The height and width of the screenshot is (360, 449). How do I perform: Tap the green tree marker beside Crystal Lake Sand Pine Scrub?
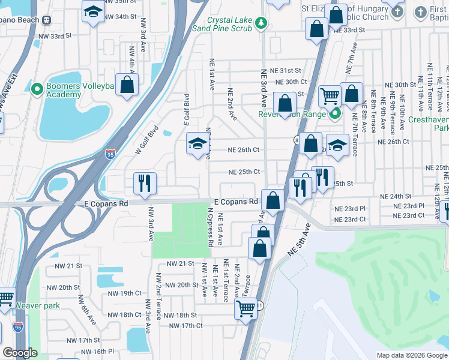coord(261,23)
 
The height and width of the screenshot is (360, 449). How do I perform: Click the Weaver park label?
coord(38,305)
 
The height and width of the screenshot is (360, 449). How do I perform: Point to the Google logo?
coord(20,353)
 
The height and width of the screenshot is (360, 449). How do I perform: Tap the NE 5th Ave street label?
coord(298,240)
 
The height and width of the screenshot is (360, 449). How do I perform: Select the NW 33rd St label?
coord(55,36)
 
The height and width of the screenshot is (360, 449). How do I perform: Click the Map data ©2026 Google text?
coord(412,355)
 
